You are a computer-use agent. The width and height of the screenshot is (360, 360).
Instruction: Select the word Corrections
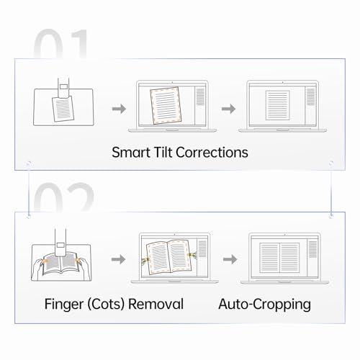pyautogui.click(x=212, y=153)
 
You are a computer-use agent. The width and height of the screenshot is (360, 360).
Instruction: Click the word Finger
pyautogui.click(x=64, y=305)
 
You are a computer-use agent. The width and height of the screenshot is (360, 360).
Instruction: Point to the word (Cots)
pyautogui.click(x=106, y=305)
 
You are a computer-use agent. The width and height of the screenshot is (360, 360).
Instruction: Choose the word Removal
pyautogui.click(x=156, y=304)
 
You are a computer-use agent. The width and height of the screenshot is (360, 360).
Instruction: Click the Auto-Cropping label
pyautogui.click(x=264, y=305)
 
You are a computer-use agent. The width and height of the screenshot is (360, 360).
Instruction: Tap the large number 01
pyautogui.click(x=60, y=44)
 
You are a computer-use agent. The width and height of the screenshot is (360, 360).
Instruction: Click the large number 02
pyautogui.click(x=63, y=197)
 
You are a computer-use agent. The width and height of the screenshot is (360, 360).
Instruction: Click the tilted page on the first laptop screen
pyautogui.click(x=166, y=106)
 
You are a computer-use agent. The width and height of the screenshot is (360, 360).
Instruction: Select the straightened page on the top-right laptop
pyautogui.click(x=278, y=105)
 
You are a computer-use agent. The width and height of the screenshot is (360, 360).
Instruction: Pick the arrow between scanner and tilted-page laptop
pyautogui.click(x=119, y=109)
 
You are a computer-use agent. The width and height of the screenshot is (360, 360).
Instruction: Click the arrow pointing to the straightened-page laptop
pyautogui.click(x=229, y=109)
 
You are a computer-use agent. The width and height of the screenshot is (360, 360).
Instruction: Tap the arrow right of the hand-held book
pyautogui.click(x=118, y=259)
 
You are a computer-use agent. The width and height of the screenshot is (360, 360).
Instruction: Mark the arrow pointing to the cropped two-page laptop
pyautogui.click(x=230, y=259)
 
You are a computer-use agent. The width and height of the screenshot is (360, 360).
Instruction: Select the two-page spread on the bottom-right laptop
pyautogui.click(x=279, y=258)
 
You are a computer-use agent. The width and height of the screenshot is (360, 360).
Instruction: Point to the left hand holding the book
pyautogui.click(x=38, y=269)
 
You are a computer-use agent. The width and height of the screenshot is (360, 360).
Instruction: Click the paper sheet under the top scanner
pyautogui.click(x=63, y=109)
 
